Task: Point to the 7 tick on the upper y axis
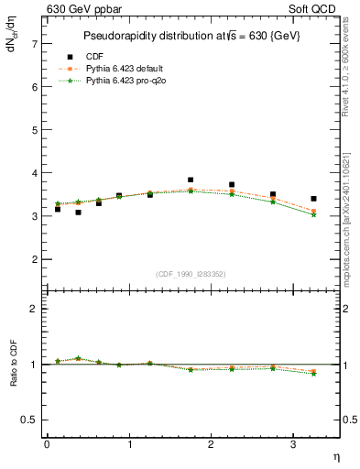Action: [x=35, y=43]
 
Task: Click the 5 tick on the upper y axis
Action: [x=35, y=130]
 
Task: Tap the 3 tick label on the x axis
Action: [x=293, y=444]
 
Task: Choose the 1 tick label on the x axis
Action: [x=129, y=444]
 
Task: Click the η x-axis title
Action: [x=335, y=455]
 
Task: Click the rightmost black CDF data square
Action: [x=314, y=199]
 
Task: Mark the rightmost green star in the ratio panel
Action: [x=314, y=374]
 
